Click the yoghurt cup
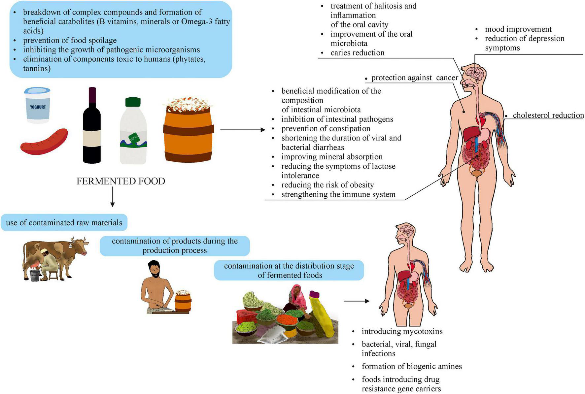(x=37, y=105)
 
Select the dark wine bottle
(x=92, y=129)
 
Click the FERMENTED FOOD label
(x=121, y=181)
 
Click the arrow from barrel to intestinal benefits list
(x=242, y=130)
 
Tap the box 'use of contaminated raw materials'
(x=64, y=223)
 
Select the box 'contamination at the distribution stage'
(x=289, y=270)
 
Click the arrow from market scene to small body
(x=356, y=301)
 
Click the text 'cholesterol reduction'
(x=548, y=115)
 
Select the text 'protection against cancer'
(x=414, y=78)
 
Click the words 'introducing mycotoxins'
(x=402, y=331)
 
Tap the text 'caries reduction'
(x=357, y=53)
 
